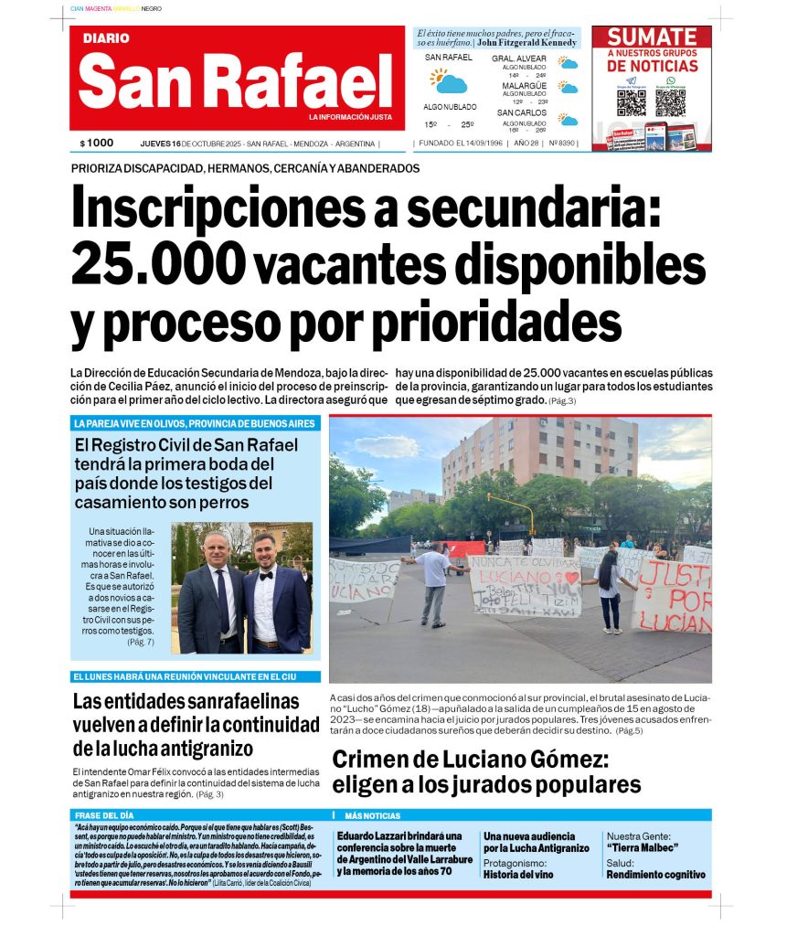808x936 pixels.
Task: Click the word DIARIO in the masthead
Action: pos(106,38)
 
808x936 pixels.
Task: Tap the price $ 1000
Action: pos(97,143)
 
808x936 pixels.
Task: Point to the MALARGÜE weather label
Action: pos(524,85)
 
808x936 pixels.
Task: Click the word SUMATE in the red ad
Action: pos(652,37)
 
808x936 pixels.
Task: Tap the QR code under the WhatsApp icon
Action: pos(670,101)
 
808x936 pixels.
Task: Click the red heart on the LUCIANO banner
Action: pos(572,578)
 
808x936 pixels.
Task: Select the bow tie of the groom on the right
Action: pos(266,577)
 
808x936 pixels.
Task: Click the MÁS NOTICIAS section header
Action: pos(372,815)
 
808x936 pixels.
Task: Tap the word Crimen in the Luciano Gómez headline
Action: pos(374,760)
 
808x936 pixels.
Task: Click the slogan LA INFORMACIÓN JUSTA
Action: pos(350,118)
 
